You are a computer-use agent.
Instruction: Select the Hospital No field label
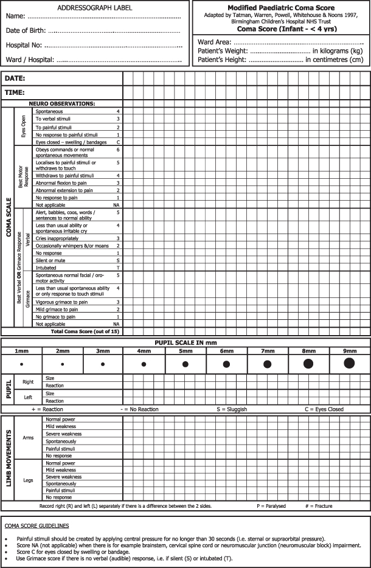coord(24,45)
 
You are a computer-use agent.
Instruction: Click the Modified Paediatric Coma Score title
coord(282,7)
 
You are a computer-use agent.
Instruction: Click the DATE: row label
coord(15,79)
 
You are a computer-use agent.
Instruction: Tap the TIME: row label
coord(15,92)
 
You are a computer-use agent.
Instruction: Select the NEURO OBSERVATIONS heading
coord(62,104)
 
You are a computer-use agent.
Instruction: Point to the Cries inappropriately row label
coord(61,238)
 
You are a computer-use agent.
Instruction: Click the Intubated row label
coord(46,268)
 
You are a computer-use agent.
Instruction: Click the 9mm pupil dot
coord(349,363)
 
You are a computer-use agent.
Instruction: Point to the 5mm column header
coord(185,351)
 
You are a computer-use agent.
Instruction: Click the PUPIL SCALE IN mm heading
coord(185,342)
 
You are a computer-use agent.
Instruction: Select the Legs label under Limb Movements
coord(28,480)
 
